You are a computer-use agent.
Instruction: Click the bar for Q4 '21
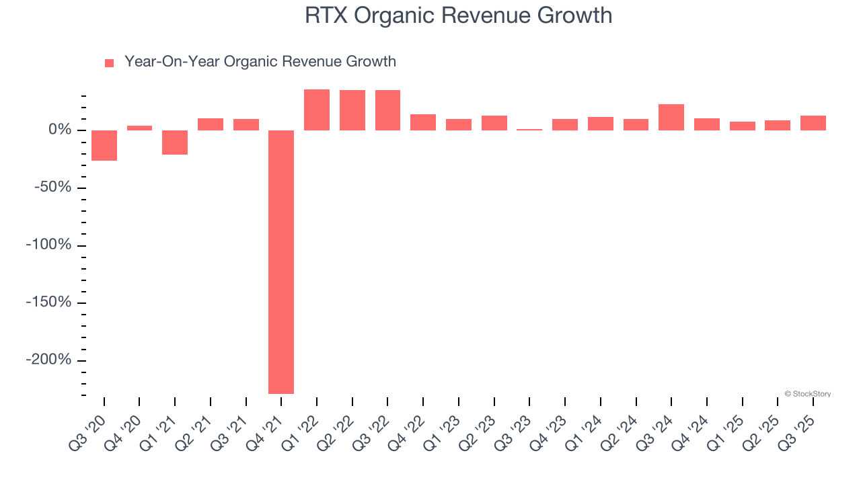click(281, 261)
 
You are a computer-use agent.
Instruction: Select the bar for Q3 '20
click(104, 145)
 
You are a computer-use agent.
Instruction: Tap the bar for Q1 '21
click(175, 143)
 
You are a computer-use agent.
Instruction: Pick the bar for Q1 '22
click(317, 110)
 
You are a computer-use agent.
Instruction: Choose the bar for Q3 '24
click(671, 117)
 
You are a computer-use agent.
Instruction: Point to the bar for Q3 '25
click(813, 123)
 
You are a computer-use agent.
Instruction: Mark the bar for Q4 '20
click(139, 128)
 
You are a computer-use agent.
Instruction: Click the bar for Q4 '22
click(423, 122)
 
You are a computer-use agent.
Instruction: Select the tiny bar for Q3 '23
click(529, 129)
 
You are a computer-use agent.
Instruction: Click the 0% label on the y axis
click(60, 130)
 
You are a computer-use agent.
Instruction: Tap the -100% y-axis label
click(48, 245)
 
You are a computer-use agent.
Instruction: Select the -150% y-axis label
click(48, 302)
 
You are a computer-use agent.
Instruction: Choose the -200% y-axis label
click(48, 360)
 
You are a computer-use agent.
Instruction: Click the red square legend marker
click(110, 63)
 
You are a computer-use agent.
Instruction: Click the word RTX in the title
click(326, 15)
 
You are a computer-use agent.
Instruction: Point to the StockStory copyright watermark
click(807, 394)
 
